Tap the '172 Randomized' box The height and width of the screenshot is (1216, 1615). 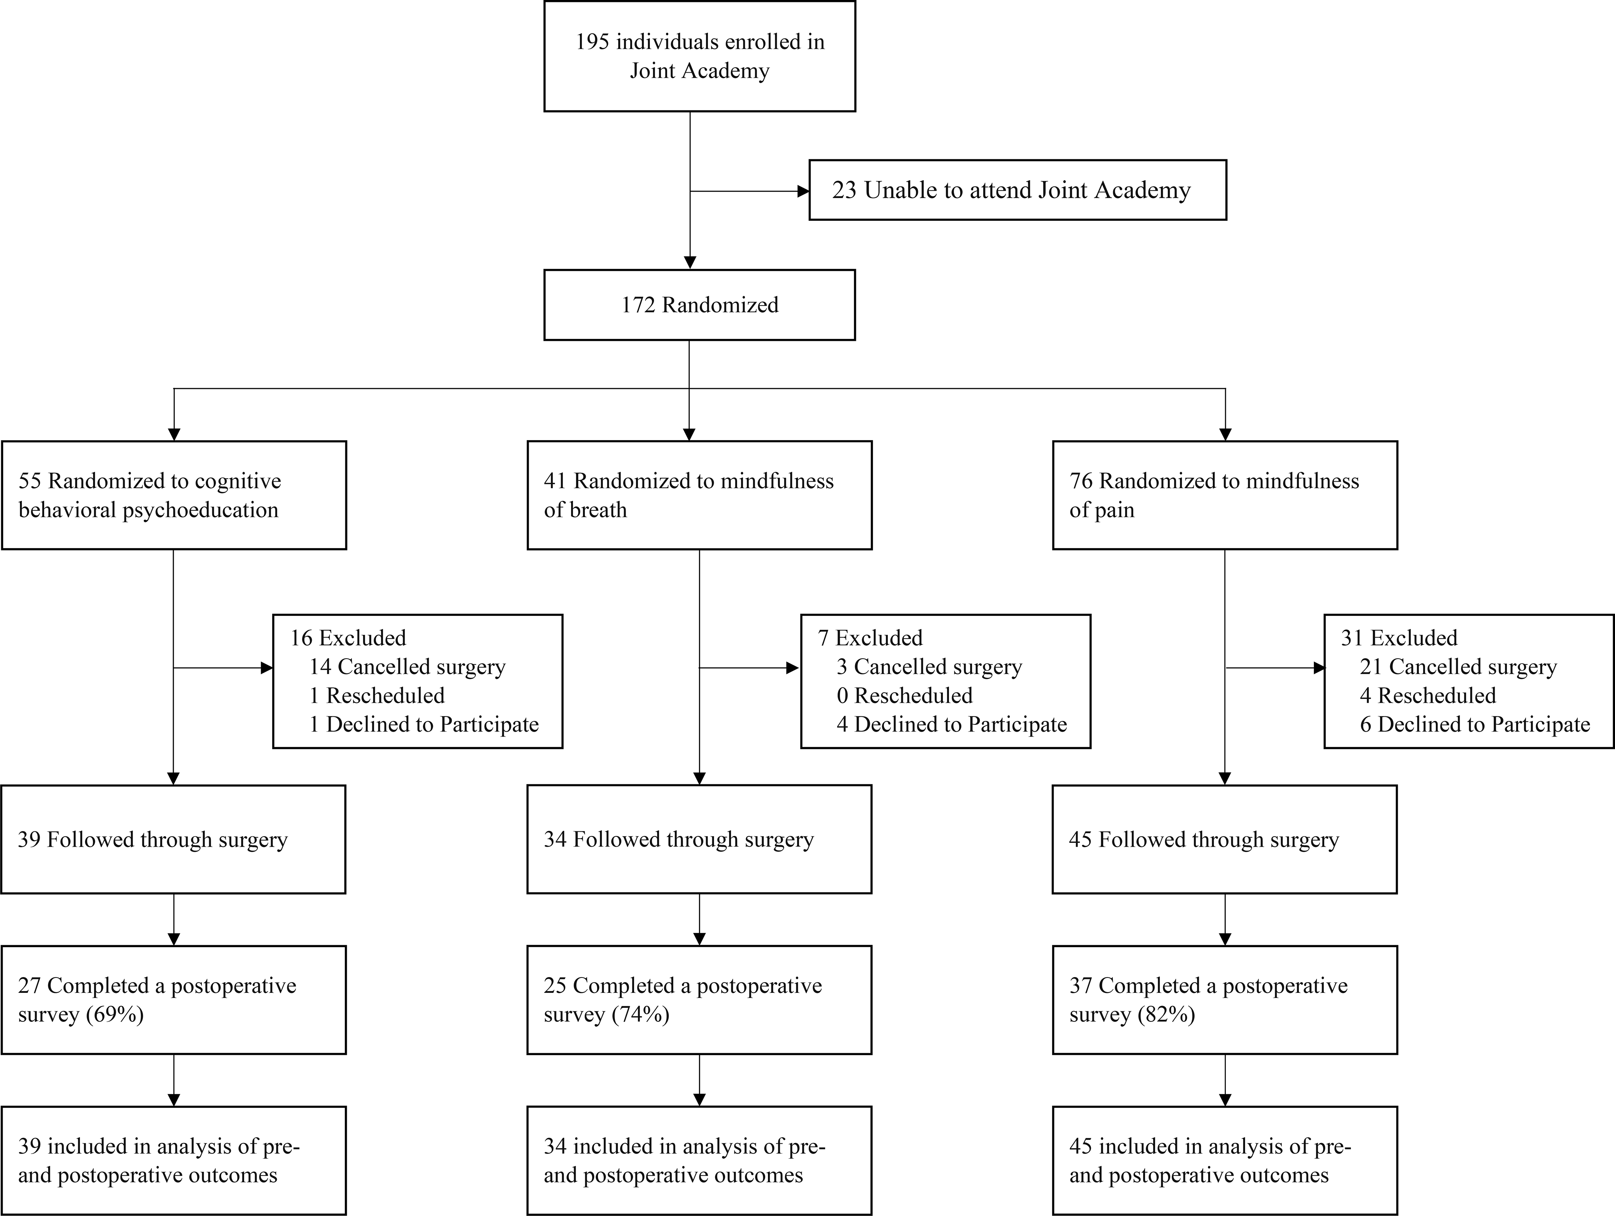point(699,305)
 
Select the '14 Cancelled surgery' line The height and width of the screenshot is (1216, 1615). point(407,667)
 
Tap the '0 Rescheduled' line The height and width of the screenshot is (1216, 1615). point(905,695)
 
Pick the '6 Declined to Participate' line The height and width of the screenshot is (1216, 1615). point(1475,724)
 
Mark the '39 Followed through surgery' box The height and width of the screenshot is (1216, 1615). point(173,840)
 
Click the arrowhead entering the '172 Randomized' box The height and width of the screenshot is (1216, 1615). point(690,263)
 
